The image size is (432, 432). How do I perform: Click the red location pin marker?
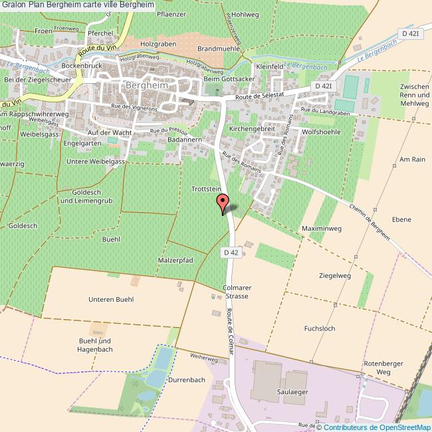click(x=223, y=203)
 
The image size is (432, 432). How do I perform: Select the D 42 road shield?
click(x=231, y=252)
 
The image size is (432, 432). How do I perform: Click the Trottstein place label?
click(x=206, y=189)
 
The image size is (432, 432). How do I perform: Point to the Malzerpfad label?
click(x=175, y=260)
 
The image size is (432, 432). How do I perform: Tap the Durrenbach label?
click(x=186, y=379)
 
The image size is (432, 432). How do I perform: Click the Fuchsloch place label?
click(x=319, y=328)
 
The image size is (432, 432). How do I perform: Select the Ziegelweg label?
click(x=334, y=275)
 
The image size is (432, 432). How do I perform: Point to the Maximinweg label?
click(x=322, y=229)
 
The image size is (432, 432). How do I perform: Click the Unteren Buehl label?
click(x=111, y=299)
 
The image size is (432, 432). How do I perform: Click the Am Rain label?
click(x=412, y=160)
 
